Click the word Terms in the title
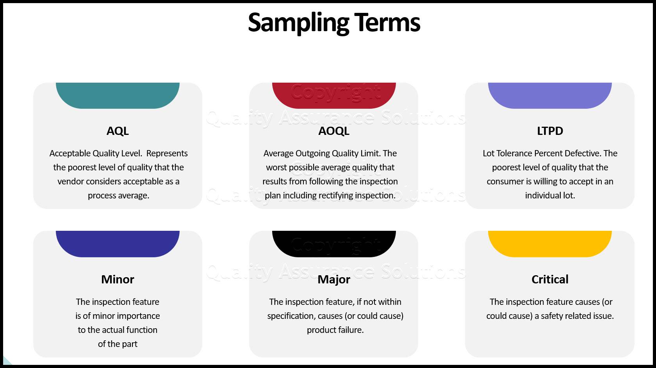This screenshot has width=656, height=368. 387,22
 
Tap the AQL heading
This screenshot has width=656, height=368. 118,131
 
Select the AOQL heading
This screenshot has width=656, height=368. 333,131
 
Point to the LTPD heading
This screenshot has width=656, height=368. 550,131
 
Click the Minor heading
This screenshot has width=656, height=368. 118,280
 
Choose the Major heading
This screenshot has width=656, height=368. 333,280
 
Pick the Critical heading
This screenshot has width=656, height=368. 550,280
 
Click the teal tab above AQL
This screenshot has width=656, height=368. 118,95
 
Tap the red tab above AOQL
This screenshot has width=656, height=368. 334,95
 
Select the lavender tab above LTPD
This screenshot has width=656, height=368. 550,95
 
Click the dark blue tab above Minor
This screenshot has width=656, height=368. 118,244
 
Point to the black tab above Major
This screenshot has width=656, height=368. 334,244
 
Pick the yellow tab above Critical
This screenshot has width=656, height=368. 550,244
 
